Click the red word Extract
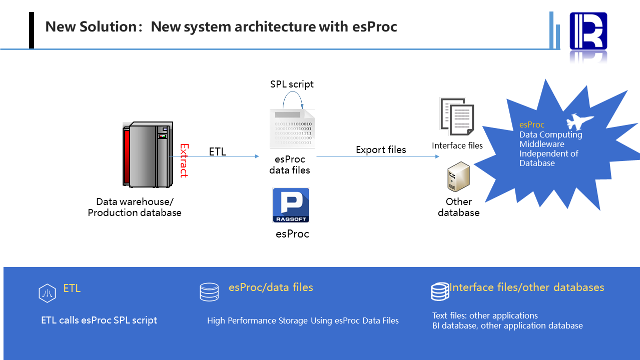tap(184, 161)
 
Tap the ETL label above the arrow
tap(218, 151)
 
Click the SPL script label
tap(292, 84)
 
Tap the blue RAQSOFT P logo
tap(291, 205)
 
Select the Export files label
tap(381, 149)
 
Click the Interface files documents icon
tap(457, 116)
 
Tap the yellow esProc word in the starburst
tap(531, 125)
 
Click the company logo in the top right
tap(588, 31)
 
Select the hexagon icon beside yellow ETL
tap(47, 293)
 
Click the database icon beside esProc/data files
tap(209, 292)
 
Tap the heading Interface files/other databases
tap(526, 287)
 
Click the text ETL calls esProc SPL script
tap(99, 320)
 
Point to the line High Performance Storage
tap(303, 320)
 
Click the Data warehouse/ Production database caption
tap(135, 207)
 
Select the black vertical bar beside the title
tap(32, 30)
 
